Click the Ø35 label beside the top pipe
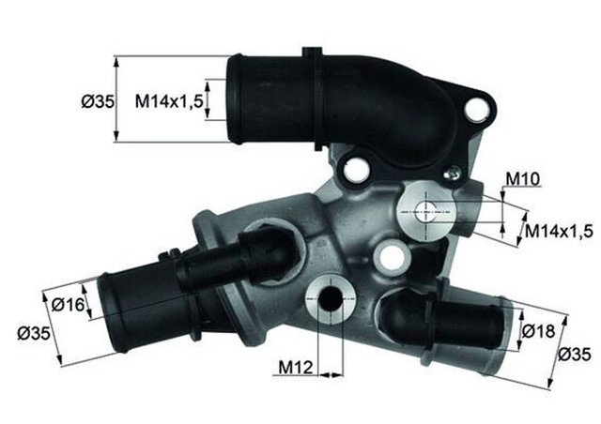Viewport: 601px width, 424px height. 98,100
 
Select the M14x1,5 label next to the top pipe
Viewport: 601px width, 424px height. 168,100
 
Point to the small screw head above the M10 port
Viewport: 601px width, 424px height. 454,172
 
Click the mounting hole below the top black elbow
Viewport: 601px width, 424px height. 355,169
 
